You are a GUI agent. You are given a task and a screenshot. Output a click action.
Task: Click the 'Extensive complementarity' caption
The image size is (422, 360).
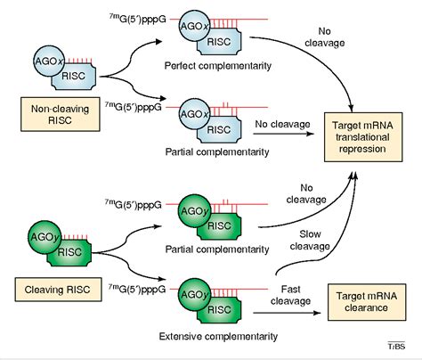[x=201, y=336]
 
